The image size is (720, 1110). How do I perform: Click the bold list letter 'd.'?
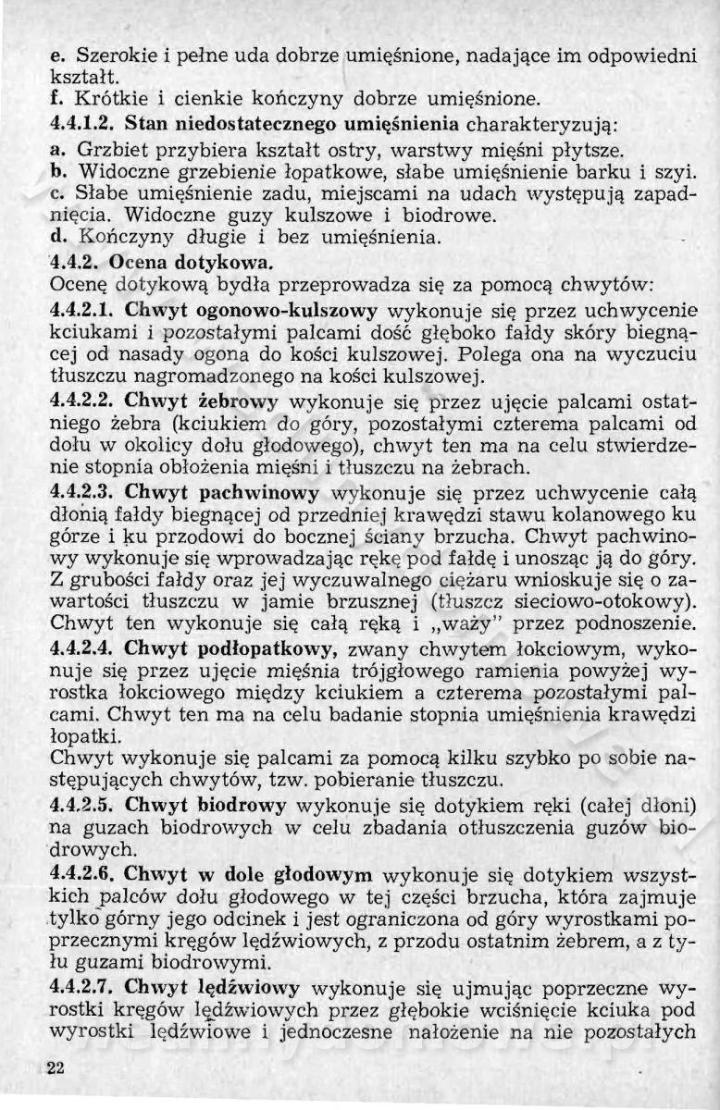click(x=56, y=237)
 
